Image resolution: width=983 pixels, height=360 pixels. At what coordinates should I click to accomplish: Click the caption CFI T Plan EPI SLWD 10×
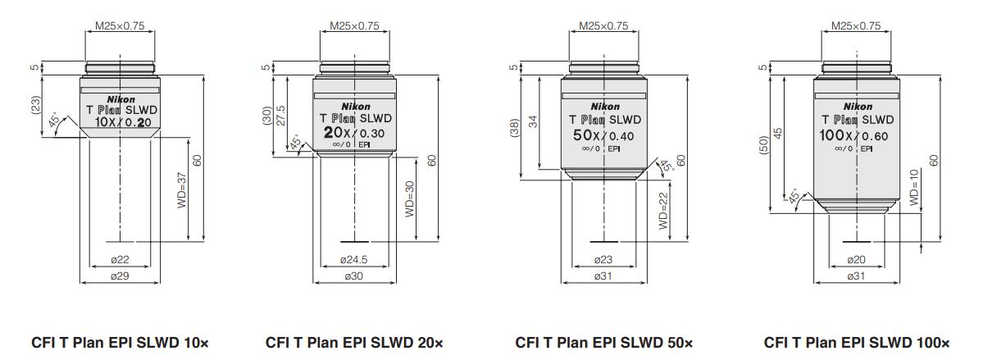point(120,342)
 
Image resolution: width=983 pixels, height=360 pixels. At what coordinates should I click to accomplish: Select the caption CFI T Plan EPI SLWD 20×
point(355,342)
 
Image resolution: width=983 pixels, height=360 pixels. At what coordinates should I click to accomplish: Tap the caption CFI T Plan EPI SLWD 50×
point(604,342)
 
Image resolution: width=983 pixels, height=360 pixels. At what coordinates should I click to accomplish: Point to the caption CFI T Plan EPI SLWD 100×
point(857,342)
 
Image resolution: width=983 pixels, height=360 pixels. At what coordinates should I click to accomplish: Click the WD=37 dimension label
point(182,190)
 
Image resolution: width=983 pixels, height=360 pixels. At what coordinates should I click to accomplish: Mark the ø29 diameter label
point(120,276)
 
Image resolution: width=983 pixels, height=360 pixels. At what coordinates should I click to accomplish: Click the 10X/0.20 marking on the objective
point(120,121)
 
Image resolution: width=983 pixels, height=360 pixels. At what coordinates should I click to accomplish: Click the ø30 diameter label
point(355,276)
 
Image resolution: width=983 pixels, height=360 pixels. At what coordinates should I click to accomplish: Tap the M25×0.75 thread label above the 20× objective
point(355,25)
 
